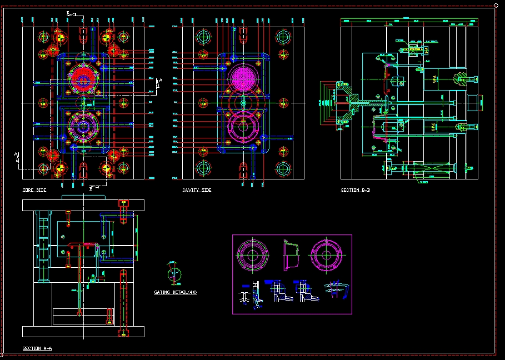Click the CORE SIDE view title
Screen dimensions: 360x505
34,191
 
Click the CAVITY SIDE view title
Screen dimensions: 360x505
197,191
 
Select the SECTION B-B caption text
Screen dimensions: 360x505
356,191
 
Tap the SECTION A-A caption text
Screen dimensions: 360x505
37,348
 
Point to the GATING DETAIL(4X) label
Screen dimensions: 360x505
175,292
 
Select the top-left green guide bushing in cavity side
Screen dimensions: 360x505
203,38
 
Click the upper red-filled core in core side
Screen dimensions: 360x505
83,80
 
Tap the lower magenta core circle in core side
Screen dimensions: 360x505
83,126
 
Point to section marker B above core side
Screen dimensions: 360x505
68,13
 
